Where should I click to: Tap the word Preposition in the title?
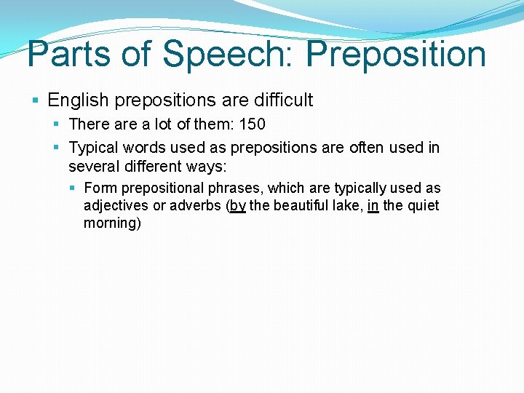pyautogui.click(x=397, y=54)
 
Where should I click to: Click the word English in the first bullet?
pyautogui.click(x=77, y=100)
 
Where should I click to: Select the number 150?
pyautogui.click(x=251, y=124)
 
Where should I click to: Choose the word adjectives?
pyautogui.click(x=115, y=206)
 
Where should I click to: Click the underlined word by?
pyautogui.click(x=237, y=206)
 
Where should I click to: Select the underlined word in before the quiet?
pyautogui.click(x=373, y=206)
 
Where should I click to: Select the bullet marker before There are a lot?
pyautogui.click(x=57, y=124)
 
